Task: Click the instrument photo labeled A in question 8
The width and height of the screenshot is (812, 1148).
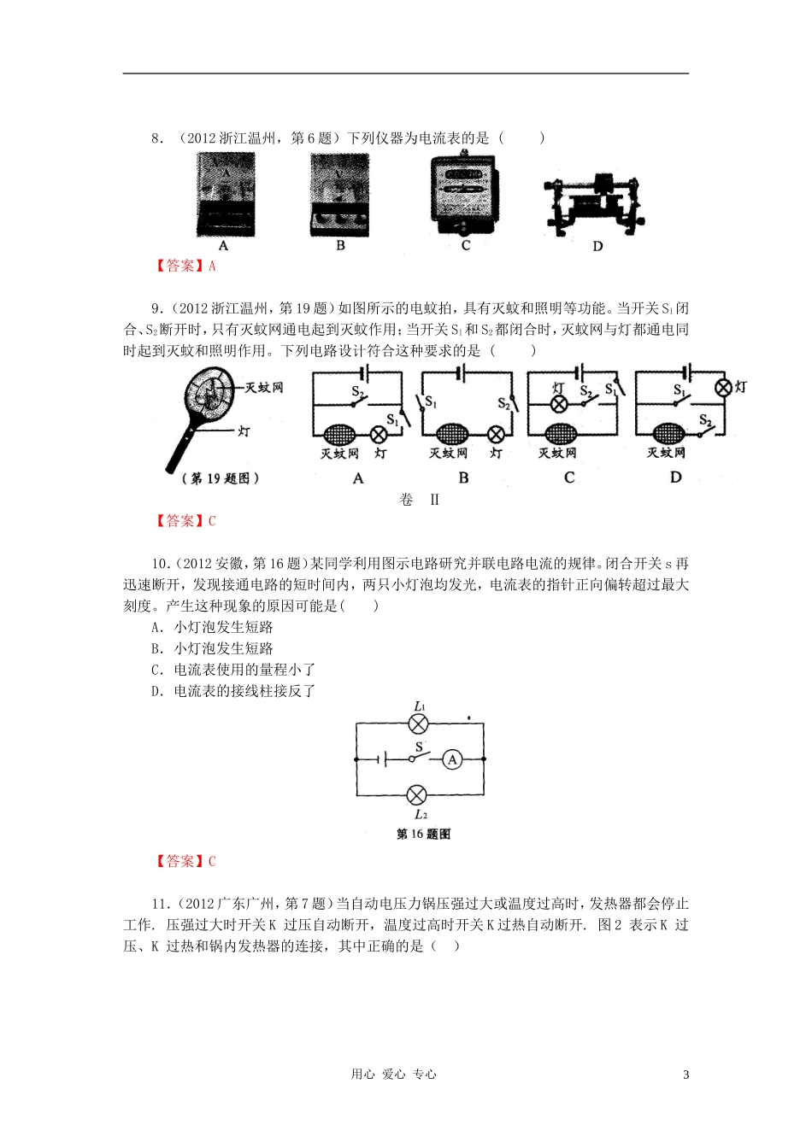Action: click(225, 195)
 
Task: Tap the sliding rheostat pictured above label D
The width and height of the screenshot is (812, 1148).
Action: click(595, 206)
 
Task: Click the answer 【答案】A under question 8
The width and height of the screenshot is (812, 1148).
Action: click(185, 266)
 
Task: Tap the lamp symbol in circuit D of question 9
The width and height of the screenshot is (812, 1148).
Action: click(724, 388)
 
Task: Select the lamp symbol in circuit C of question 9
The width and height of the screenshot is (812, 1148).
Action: click(558, 404)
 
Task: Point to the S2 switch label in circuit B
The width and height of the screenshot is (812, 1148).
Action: click(504, 403)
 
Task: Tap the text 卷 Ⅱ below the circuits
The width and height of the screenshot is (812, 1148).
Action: click(419, 500)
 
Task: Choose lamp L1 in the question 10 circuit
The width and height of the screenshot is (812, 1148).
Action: click(418, 724)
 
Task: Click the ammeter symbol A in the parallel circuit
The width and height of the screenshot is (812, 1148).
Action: click(453, 759)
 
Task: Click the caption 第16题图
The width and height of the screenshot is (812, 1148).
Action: click(423, 834)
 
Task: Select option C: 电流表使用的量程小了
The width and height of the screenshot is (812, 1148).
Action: click(233, 670)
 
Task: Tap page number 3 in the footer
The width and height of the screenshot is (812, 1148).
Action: click(685, 1075)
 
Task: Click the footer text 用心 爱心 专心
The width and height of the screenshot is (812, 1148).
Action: click(393, 1075)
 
